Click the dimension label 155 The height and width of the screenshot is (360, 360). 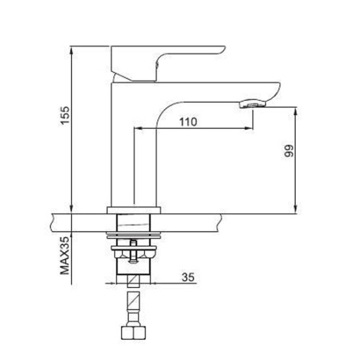click(65, 115)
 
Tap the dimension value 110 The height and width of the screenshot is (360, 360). click(188, 122)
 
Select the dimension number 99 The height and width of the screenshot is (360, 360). click(289, 151)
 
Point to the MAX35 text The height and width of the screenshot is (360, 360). click(65, 256)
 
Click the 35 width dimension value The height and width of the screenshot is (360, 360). click(188, 277)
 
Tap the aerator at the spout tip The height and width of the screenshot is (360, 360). click(253, 104)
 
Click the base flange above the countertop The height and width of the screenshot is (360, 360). click(134, 210)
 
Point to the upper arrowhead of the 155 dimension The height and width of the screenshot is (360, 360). click(71, 51)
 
